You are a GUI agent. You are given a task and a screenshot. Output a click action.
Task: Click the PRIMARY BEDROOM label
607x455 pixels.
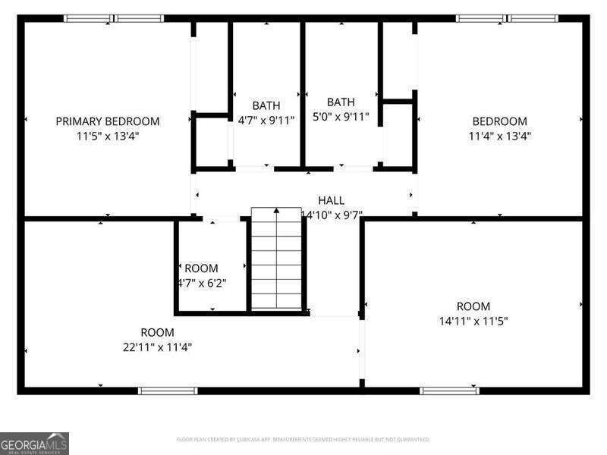pyautogui.click(x=108, y=121)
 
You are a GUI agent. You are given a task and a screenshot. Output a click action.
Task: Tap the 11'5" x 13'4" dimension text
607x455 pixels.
pyautogui.click(x=108, y=136)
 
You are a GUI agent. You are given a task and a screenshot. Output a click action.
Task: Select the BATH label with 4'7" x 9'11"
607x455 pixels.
pyautogui.click(x=266, y=105)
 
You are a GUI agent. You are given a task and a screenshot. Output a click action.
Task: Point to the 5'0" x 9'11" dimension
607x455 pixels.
pyautogui.click(x=341, y=117)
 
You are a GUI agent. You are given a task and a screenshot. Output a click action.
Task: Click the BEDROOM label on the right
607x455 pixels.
pyautogui.click(x=499, y=121)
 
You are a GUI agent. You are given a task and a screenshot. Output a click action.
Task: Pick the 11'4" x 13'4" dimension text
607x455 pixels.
pyautogui.click(x=499, y=136)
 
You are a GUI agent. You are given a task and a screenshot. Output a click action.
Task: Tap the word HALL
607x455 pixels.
pyautogui.click(x=331, y=200)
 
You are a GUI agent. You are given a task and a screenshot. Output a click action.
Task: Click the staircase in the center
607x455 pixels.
pyautogui.click(x=277, y=262)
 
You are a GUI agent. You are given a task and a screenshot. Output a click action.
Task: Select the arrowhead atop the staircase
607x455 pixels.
pyautogui.click(x=277, y=211)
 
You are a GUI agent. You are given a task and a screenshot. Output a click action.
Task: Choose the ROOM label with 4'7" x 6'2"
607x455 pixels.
pyautogui.click(x=201, y=268)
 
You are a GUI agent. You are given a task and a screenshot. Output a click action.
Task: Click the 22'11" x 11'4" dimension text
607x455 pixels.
pyautogui.click(x=157, y=347)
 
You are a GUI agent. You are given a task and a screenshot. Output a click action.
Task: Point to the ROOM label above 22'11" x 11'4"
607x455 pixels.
pyautogui.click(x=157, y=332)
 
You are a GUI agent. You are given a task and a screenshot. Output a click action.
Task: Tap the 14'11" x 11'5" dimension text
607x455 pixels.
pyautogui.click(x=473, y=321)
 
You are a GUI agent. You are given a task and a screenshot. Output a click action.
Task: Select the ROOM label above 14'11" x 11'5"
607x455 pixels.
pyautogui.click(x=473, y=306)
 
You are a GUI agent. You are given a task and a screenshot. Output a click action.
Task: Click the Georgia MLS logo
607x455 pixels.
pyautogui.click(x=34, y=443)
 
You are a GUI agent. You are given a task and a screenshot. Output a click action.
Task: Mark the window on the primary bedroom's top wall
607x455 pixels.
pyautogui.click(x=114, y=18)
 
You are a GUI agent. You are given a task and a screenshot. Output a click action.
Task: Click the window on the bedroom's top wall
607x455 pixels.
pyautogui.click(x=507, y=18)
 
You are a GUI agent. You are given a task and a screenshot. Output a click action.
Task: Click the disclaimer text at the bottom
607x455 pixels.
pyautogui.click(x=303, y=440)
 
